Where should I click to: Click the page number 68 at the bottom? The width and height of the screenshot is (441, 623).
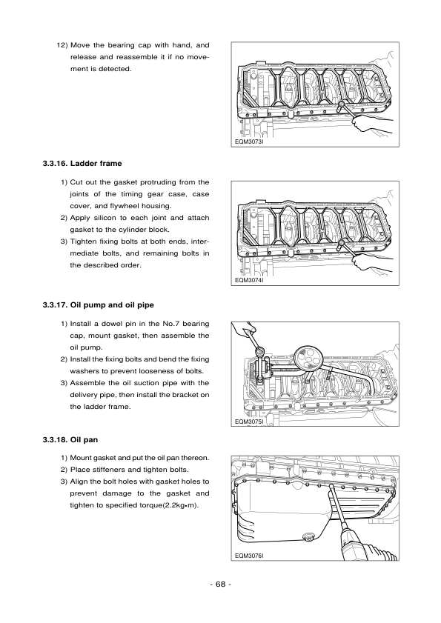(220, 584)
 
